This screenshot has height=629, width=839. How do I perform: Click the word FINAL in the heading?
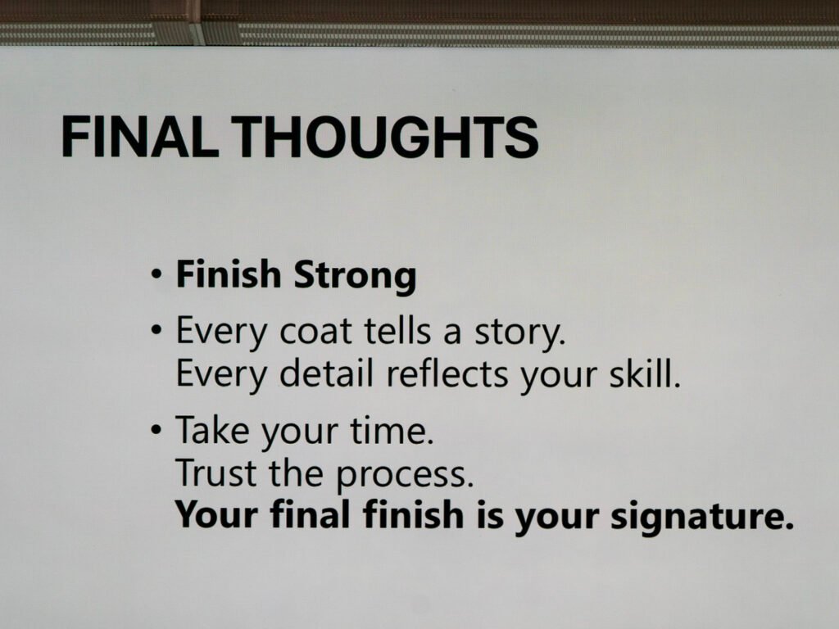[140, 137]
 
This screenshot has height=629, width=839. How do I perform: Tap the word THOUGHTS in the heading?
[387, 137]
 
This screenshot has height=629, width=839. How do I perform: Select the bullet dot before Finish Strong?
[156, 276]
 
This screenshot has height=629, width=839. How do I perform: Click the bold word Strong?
[355, 275]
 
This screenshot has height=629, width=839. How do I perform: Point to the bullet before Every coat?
[156, 333]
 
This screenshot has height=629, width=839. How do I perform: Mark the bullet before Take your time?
[156, 429]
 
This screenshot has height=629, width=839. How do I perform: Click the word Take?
[212, 429]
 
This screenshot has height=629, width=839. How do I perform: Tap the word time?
[392, 429]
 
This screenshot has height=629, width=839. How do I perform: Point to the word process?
[405, 476]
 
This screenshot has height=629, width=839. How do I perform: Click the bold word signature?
[702, 517]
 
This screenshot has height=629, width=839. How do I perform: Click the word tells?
[397, 330]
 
